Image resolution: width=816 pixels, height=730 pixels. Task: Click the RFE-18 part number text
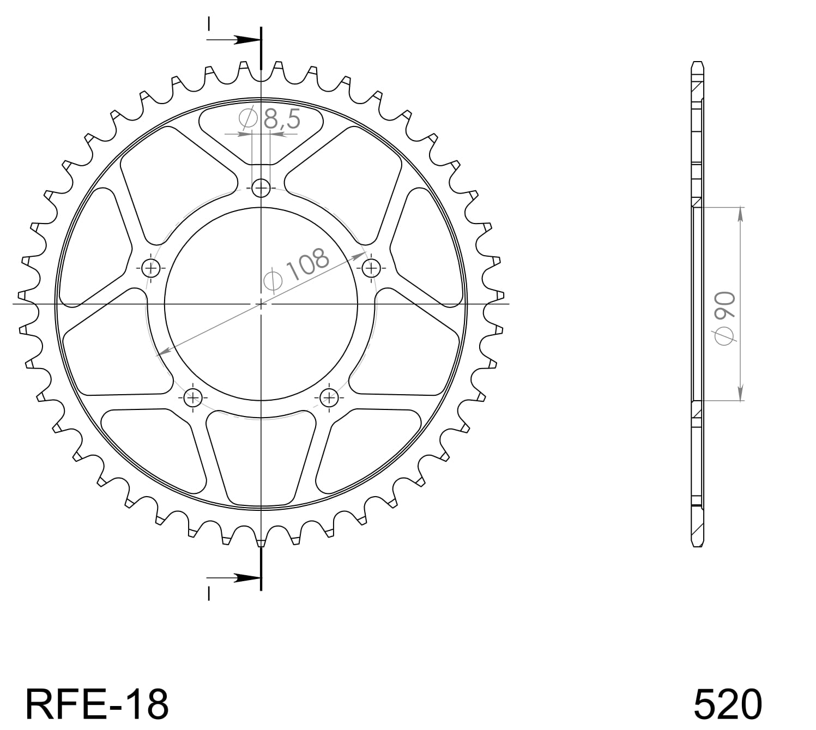coord(97,703)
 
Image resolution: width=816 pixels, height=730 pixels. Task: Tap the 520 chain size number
coord(727,703)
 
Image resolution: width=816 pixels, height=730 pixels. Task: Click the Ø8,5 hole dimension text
coord(270,119)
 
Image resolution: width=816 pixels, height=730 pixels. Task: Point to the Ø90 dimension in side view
coord(726,318)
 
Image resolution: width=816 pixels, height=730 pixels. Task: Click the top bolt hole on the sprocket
coord(262,189)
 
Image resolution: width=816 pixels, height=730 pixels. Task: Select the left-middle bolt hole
coord(151,268)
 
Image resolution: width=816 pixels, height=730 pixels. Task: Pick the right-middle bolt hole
coord(371,268)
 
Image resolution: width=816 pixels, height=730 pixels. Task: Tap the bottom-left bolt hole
coord(193,397)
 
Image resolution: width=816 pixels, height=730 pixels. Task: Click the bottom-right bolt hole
coord(329,397)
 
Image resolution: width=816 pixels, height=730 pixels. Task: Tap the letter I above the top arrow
coord(209,24)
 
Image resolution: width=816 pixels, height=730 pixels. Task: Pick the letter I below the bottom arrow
coord(209,593)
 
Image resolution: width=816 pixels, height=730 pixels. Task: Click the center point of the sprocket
coord(262,304)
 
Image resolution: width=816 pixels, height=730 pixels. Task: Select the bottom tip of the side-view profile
coord(697,545)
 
